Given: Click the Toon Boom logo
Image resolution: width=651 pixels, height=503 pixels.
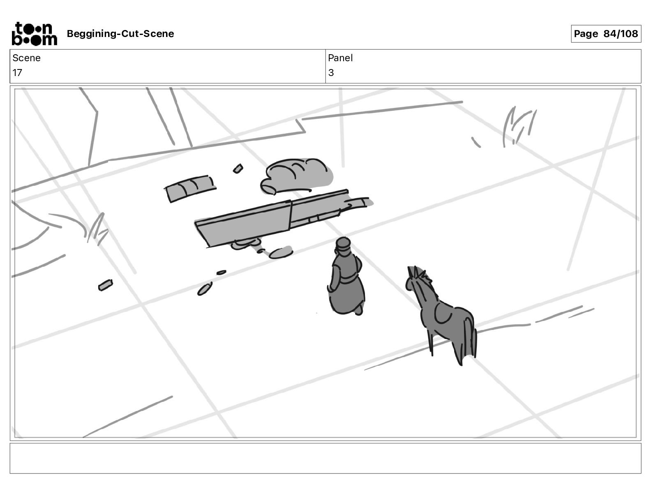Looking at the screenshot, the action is tap(34, 34).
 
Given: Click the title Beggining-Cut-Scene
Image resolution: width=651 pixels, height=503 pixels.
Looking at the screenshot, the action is tap(120, 34).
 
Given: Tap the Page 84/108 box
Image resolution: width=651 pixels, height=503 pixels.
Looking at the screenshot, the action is tap(606, 34).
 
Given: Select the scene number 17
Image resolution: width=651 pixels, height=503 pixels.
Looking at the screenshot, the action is tap(17, 72).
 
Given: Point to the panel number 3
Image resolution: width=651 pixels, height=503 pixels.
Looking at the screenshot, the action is tap(331, 72).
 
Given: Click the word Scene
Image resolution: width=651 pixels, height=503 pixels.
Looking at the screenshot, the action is tap(26, 58).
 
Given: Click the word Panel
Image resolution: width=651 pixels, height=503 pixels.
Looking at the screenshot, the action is tap(340, 58).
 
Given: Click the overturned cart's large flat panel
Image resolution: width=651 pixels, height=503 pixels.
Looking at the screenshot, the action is tap(243, 224).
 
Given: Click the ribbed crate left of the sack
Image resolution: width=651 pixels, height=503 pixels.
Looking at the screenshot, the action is tap(190, 188).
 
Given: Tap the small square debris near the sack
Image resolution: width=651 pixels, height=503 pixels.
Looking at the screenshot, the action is tap(238, 168).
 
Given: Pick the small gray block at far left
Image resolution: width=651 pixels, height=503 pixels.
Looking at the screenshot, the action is tap(106, 285).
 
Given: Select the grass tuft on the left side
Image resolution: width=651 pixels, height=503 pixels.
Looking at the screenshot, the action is tap(97, 229).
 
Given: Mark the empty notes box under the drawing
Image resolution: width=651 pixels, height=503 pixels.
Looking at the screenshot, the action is tap(325, 458).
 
